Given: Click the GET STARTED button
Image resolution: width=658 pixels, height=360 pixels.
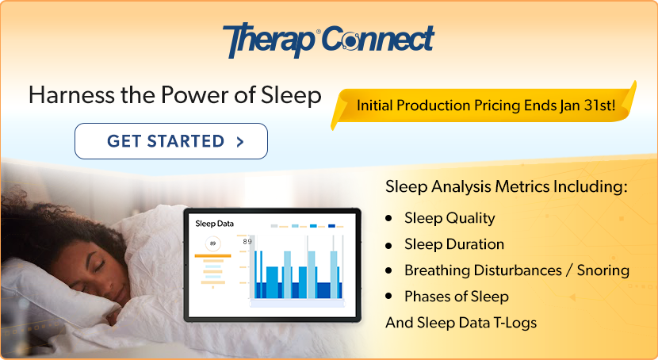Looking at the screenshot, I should (x=170, y=141).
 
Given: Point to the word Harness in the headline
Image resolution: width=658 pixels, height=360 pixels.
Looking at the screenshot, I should (x=63, y=95).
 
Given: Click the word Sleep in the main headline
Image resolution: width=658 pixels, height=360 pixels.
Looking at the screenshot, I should (x=292, y=95).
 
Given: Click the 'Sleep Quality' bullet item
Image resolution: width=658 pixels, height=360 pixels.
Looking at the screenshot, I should (x=449, y=218).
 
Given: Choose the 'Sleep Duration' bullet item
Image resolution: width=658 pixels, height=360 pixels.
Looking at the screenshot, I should (x=453, y=244).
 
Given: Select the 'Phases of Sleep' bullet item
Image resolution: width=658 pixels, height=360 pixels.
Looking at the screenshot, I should (x=456, y=297).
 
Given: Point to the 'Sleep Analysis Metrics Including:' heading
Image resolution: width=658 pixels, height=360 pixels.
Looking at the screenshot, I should (x=506, y=188).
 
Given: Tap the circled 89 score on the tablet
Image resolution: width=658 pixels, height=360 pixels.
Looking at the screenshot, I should (x=212, y=243).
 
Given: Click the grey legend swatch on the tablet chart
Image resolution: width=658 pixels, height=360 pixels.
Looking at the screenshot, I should (x=274, y=226).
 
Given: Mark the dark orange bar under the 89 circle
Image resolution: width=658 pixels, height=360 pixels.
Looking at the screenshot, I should (x=212, y=256).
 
